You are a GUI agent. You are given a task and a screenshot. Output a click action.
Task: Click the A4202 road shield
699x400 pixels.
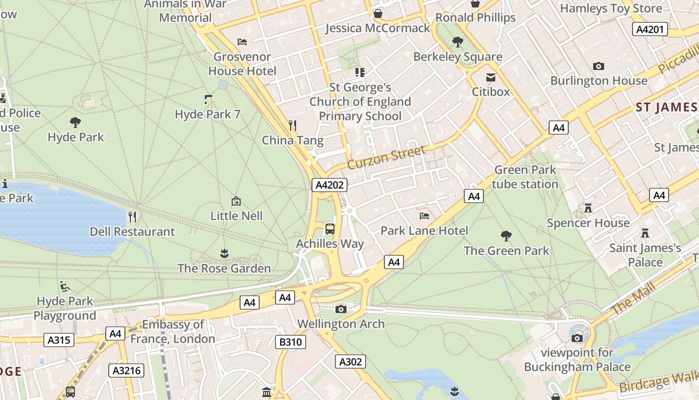pos(330,185)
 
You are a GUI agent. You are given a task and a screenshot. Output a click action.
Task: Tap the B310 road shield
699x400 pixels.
pos(290,342)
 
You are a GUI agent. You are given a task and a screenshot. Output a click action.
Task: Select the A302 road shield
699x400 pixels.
pos(350,361)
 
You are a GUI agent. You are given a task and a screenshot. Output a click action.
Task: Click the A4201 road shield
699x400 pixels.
pos(650,29)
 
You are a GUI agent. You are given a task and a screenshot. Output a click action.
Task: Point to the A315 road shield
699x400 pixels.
pos(59,340)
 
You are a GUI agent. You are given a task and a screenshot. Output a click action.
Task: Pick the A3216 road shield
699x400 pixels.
pos(126,370)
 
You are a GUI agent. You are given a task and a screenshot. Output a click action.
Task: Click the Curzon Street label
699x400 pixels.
pos(386,157)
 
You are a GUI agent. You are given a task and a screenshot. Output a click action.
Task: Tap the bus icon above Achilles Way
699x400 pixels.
pos(330,229)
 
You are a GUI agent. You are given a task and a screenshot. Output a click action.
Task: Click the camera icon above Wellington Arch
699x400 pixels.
pos(341,309)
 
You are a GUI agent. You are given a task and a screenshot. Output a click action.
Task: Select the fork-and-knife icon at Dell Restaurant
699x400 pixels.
pos(132,216)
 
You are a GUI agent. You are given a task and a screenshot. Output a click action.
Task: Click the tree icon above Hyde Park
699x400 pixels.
pos(75,121)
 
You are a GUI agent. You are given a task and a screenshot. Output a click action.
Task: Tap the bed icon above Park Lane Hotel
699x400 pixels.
pos(424,216)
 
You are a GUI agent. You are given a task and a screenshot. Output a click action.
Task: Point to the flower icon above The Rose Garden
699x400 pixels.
pos(224,253)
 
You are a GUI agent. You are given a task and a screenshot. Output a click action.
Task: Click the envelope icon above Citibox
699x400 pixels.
pos(491,77)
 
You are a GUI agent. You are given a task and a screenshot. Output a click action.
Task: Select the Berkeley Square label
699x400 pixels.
pos(457,56)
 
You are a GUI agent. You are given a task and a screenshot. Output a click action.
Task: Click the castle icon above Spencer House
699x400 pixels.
pos(588,208)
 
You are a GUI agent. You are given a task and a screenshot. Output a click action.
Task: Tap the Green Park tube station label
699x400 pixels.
pos(525,177)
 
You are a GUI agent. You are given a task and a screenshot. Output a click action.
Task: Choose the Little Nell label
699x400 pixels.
pos(236,216)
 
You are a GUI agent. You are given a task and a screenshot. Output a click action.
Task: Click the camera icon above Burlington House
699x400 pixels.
pos(598,66)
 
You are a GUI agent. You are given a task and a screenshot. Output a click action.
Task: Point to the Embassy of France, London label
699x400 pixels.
pos(173,331)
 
